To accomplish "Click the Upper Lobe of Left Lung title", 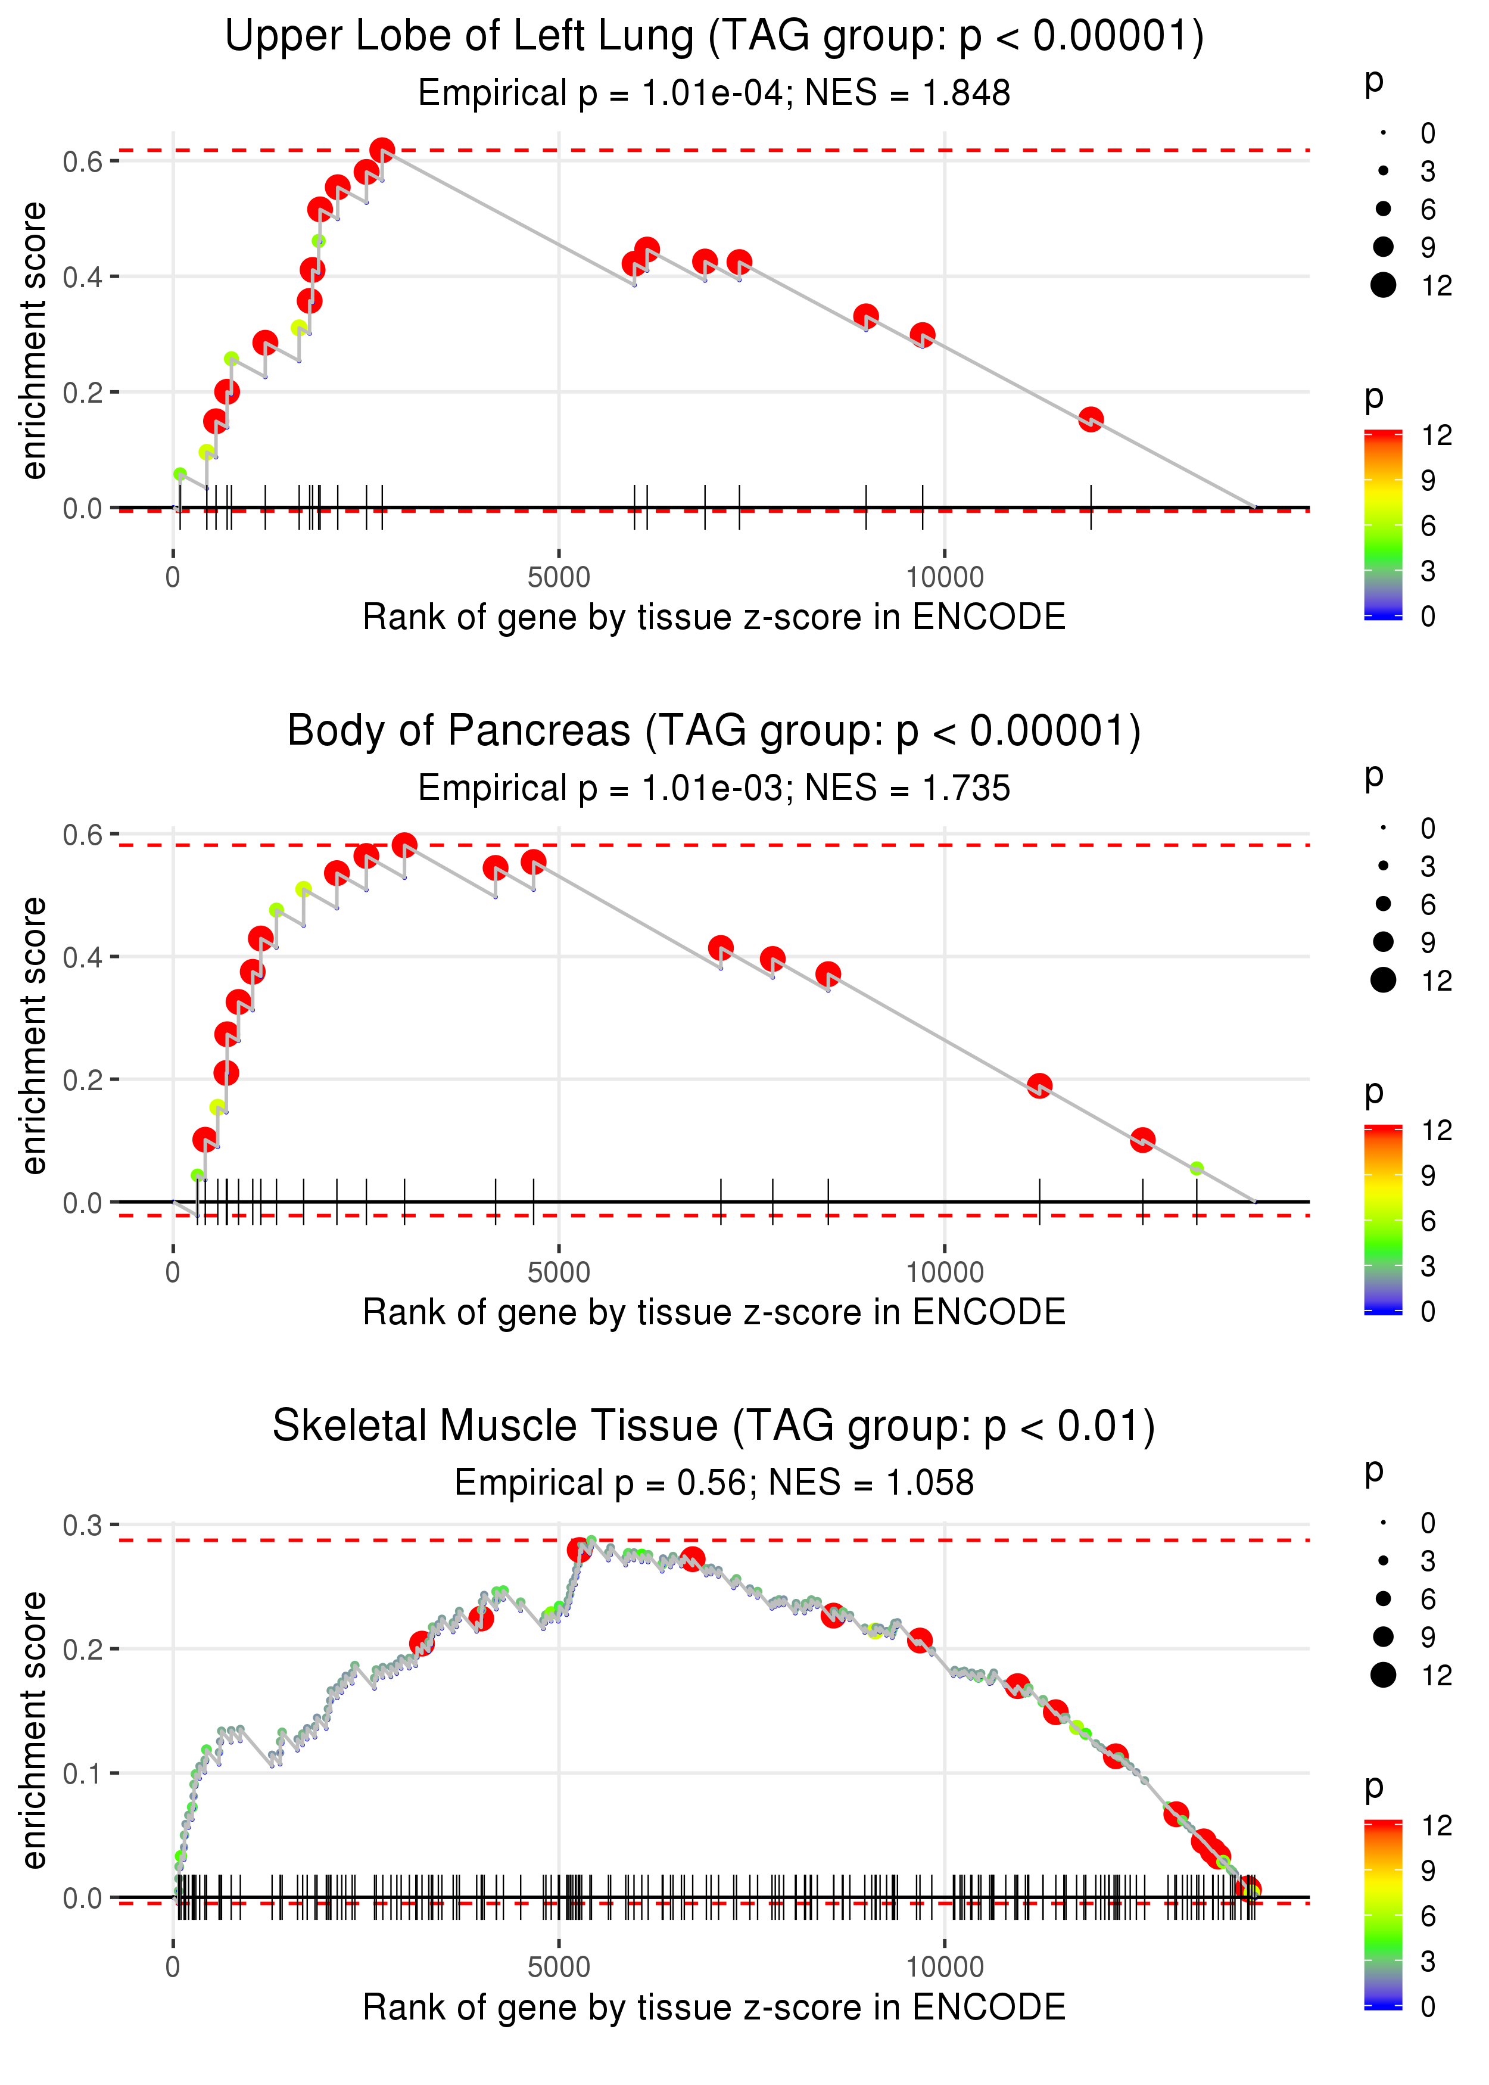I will [x=714, y=37].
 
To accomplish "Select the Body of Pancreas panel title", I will [x=714, y=732].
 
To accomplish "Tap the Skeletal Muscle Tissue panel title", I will [x=714, y=1426].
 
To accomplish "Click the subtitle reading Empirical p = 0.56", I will [x=714, y=1483].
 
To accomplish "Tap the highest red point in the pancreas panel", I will [x=404, y=845].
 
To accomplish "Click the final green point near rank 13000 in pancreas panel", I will [x=1197, y=1168].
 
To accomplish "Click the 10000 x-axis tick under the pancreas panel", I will [x=945, y=1272].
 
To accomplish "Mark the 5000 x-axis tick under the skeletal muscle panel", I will [x=559, y=1966].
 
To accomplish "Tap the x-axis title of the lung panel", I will [x=714, y=617].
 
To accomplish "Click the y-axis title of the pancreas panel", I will [x=34, y=1035].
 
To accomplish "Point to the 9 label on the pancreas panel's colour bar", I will [x=1428, y=1175].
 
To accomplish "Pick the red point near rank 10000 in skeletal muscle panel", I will [x=920, y=1641].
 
